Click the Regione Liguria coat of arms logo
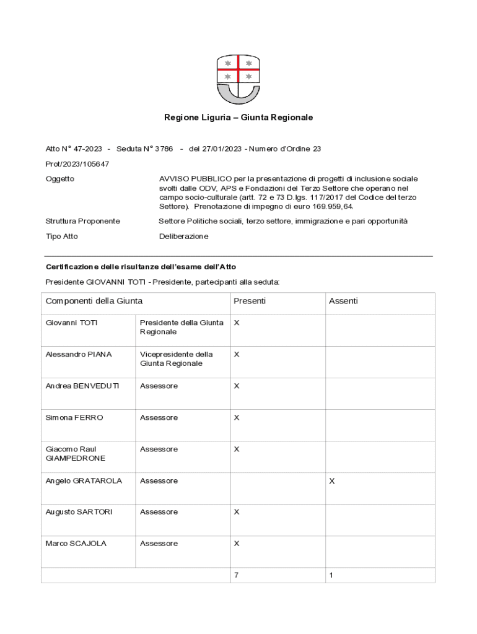click(x=238, y=79)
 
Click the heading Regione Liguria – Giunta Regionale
click(x=239, y=117)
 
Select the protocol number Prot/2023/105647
click(x=77, y=164)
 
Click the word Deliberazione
click(x=184, y=237)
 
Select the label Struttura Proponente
click(x=83, y=221)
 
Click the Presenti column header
click(x=250, y=302)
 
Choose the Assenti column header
click(x=343, y=302)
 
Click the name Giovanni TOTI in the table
click(x=72, y=323)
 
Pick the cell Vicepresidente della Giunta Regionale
click(x=177, y=359)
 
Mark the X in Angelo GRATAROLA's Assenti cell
click(x=332, y=481)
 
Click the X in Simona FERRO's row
click(x=237, y=418)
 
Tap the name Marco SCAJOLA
click(x=76, y=544)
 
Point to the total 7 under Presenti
click(x=236, y=576)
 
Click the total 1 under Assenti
click(x=331, y=576)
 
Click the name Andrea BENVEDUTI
click(x=82, y=386)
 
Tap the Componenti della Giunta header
click(x=94, y=302)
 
